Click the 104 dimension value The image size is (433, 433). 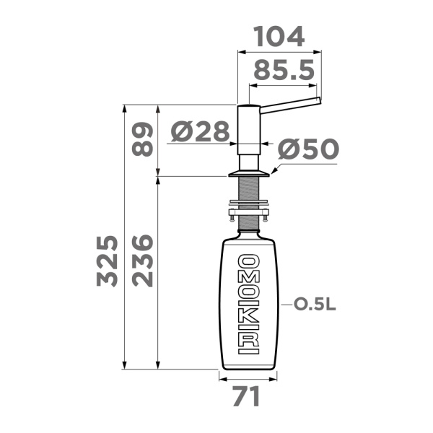279,37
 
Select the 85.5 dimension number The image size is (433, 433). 284,70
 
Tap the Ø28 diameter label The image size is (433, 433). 200,131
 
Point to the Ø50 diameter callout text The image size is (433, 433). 308,149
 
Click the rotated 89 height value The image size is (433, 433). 142,140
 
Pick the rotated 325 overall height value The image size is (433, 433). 107,261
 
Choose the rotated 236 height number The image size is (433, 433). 142,261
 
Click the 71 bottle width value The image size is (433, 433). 246,396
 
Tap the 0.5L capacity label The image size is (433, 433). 315,305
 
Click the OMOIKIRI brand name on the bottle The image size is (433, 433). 248,304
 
